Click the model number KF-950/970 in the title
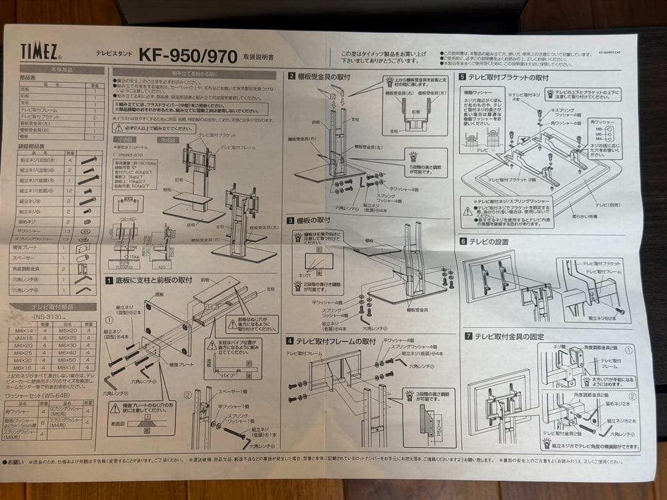188,56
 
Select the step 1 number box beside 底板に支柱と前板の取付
109,280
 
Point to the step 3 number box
290,220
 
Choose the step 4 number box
290,340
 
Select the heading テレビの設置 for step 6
488,241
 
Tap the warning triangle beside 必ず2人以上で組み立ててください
118,128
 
